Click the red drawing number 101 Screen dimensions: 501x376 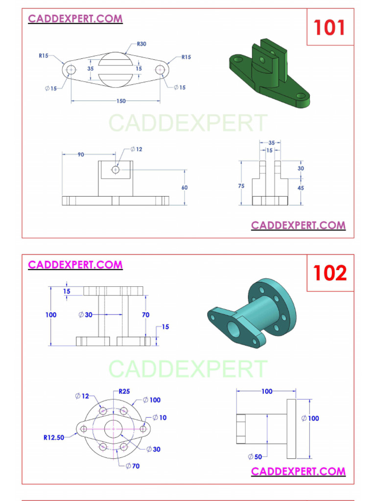tap(329, 27)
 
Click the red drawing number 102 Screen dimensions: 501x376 tap(329, 273)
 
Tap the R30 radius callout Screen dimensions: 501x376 tap(141, 44)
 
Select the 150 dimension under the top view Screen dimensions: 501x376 tap(121, 101)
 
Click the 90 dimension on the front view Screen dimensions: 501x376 tap(80, 155)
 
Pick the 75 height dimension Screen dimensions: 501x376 tap(241, 186)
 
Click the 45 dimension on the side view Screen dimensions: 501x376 tap(301, 188)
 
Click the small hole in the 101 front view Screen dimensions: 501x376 tap(116, 169)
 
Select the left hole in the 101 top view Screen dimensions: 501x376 tap(71, 69)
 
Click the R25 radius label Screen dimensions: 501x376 tap(124, 391)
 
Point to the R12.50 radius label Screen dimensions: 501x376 tap(54, 437)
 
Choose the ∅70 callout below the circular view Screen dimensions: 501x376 tap(132, 466)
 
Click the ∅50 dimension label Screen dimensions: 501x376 tap(255, 457)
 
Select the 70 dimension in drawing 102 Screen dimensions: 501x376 tap(145, 315)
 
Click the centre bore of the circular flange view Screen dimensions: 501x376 tap(114, 429)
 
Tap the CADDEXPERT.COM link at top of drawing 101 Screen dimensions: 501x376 tap(75, 19)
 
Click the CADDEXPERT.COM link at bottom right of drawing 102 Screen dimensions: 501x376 tap(298, 471)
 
